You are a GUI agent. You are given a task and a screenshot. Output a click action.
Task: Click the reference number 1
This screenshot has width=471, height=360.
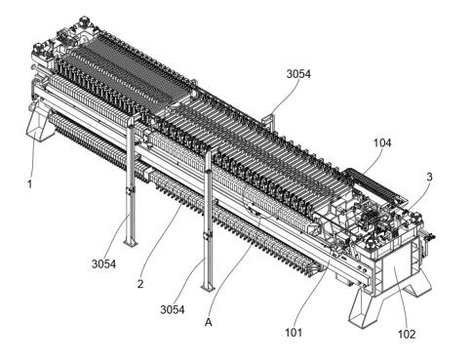click(x=29, y=184)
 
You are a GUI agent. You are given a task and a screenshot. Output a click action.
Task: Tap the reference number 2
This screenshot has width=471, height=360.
click(x=140, y=284)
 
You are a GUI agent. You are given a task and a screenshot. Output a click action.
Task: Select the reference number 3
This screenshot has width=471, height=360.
click(x=429, y=177)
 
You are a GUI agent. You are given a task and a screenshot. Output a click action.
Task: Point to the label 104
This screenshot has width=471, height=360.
click(x=382, y=142)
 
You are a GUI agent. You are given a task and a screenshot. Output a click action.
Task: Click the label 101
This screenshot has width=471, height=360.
click(x=294, y=333)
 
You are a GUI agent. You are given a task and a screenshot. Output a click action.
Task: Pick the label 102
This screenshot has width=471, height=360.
click(x=407, y=334)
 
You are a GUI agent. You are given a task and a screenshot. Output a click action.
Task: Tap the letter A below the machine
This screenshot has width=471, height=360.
click(x=209, y=322)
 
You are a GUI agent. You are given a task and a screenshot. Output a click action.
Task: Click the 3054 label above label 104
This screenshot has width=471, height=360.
click(x=298, y=74)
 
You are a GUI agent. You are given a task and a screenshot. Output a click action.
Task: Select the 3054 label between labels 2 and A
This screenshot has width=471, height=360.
click(x=173, y=309)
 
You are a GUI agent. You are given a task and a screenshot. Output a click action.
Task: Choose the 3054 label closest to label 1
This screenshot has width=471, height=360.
click(x=103, y=263)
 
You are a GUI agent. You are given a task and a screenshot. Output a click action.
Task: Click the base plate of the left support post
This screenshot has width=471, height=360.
click(x=131, y=243)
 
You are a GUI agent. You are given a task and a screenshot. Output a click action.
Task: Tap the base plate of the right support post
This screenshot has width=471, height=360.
click(x=208, y=288)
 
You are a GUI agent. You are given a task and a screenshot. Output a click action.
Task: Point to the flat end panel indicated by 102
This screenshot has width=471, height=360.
click(x=397, y=272)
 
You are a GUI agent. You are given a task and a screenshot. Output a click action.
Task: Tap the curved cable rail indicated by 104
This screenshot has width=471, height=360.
click(x=373, y=184)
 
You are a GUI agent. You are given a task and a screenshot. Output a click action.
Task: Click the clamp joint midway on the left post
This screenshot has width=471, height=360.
click(x=131, y=191)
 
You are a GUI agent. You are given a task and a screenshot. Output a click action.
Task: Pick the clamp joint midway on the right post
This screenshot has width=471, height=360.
click(x=208, y=236)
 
